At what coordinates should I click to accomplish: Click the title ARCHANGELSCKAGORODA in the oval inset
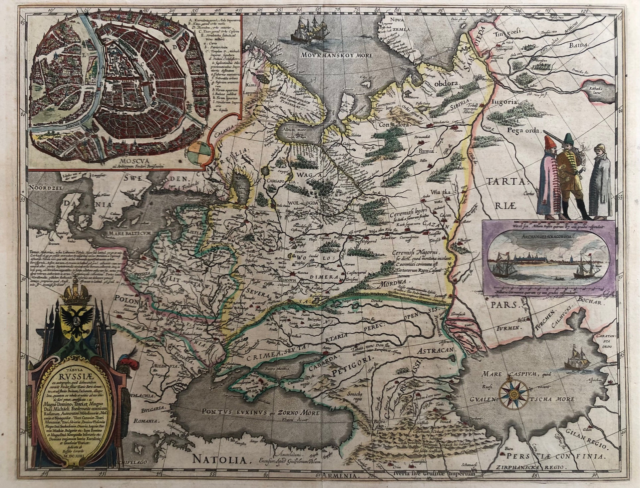tap(544, 235)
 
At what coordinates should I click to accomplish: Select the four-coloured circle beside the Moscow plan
tap(199, 152)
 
